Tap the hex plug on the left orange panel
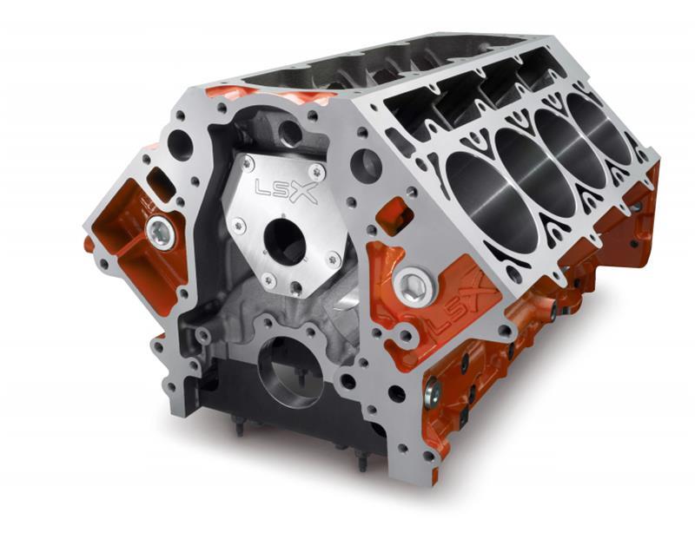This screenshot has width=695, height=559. [160, 230]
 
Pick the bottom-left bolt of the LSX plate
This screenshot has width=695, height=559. [268, 280]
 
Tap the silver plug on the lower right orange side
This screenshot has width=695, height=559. [432, 391]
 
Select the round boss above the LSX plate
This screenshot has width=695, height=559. [289, 133]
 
